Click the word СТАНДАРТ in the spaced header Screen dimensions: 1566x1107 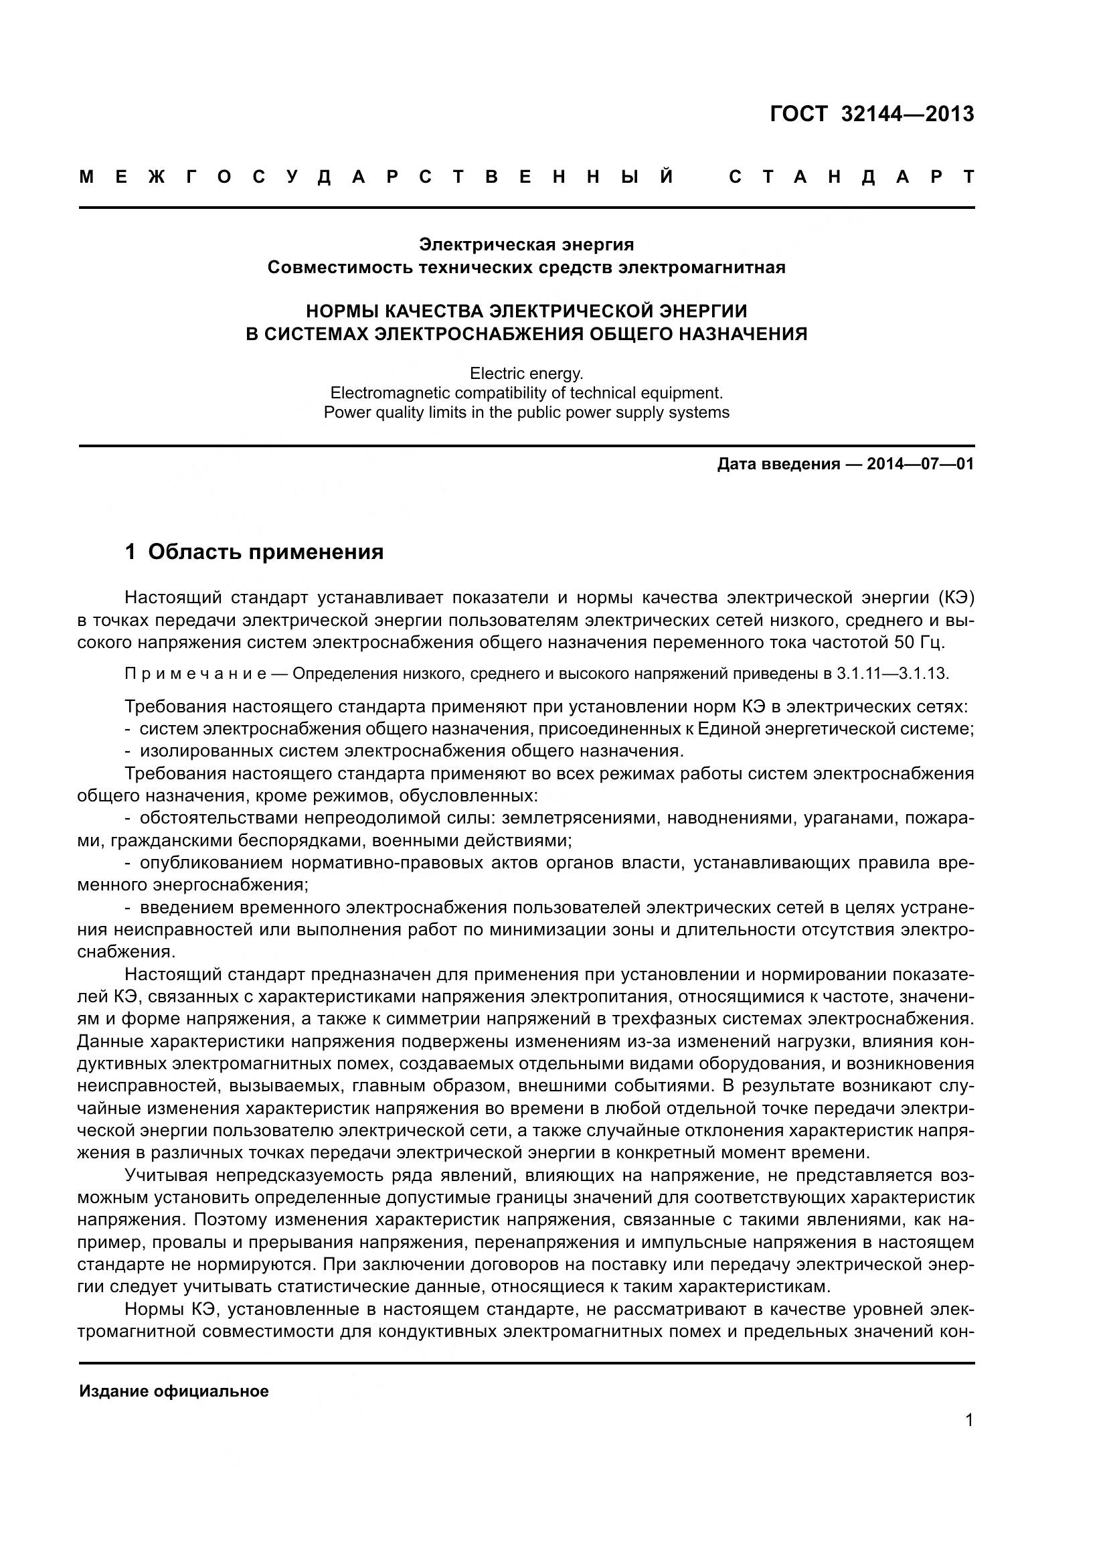click(x=851, y=177)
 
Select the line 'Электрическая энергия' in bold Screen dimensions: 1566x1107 click(x=526, y=244)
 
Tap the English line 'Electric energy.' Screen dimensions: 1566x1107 click(x=526, y=374)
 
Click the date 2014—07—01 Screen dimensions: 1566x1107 click(x=920, y=465)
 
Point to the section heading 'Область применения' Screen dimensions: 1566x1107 click(x=265, y=552)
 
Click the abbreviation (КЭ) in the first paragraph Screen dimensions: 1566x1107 click(x=957, y=598)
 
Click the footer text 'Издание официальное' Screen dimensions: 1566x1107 click(x=174, y=1391)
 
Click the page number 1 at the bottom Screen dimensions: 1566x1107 click(x=968, y=1421)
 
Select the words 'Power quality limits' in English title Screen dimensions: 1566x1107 click(x=393, y=412)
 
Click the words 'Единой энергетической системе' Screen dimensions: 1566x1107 click(x=835, y=728)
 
